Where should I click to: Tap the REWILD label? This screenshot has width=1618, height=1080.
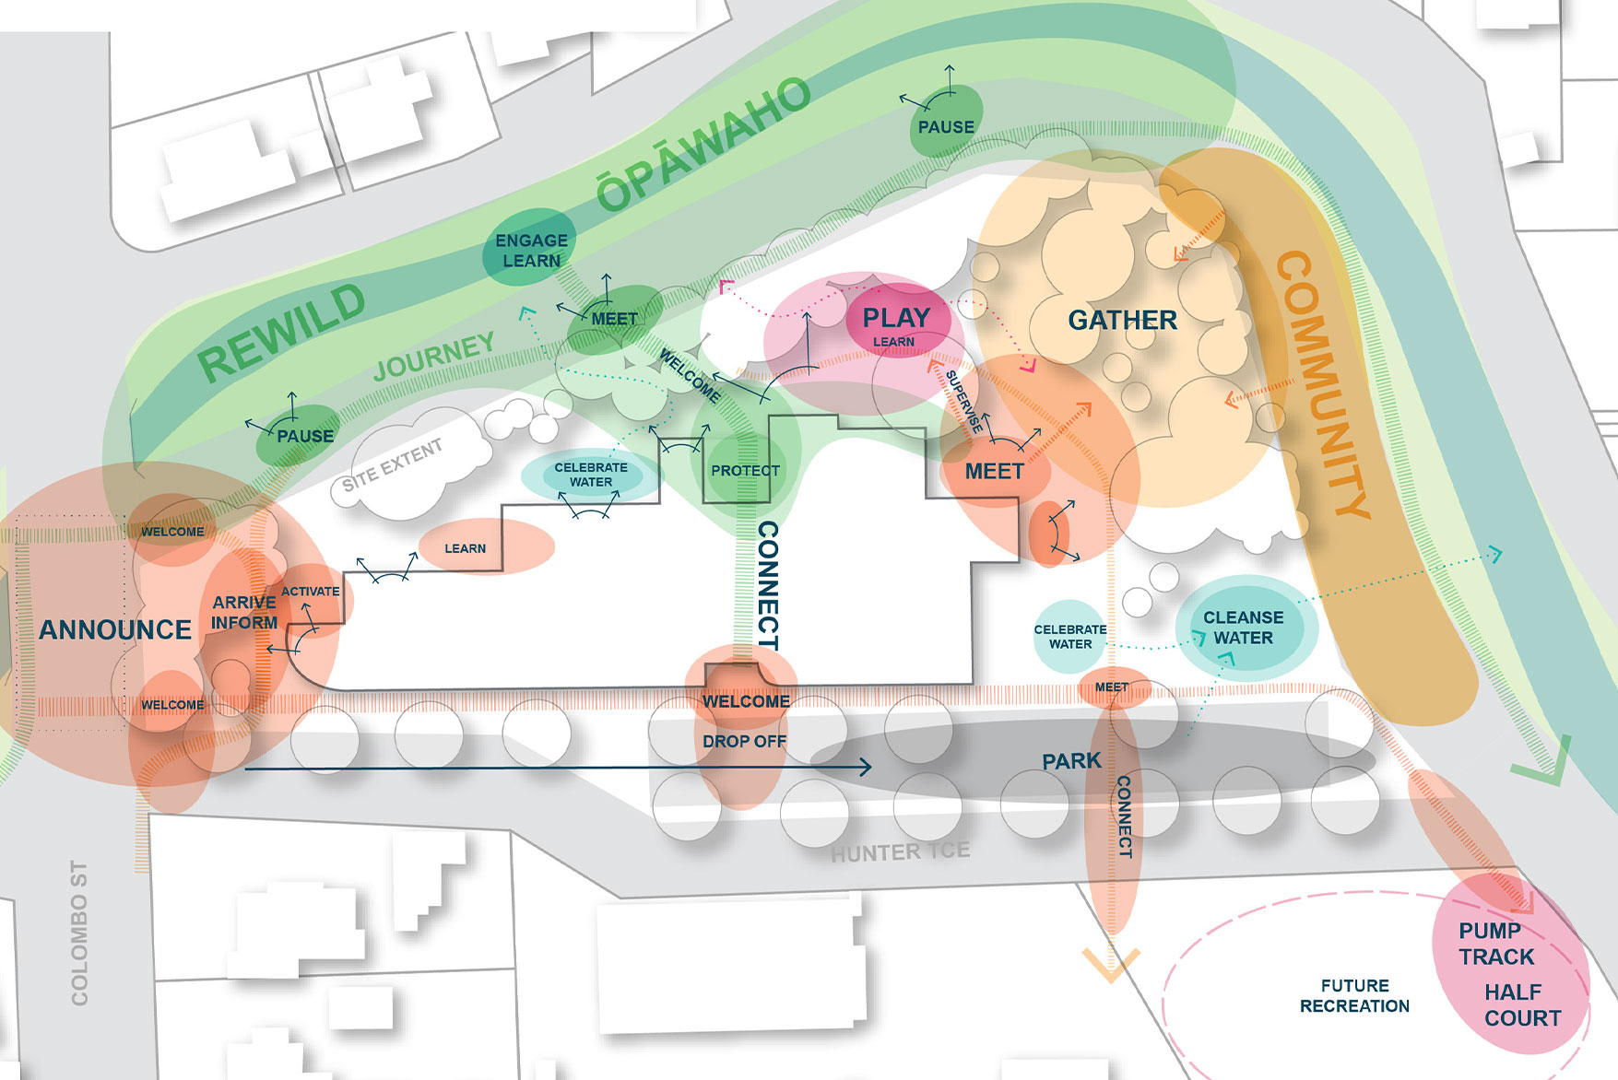pos(282,334)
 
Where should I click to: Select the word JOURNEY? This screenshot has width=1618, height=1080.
pos(434,357)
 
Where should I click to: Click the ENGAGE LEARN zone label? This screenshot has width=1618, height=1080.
pos(531,251)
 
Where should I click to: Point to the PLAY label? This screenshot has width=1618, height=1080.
pos(896,318)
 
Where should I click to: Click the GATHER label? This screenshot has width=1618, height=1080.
pos(1122,321)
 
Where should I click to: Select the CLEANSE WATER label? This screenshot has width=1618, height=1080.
pos(1243,628)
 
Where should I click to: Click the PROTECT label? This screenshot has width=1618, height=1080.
pos(745,471)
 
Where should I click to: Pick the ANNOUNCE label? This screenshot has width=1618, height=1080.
pos(115,630)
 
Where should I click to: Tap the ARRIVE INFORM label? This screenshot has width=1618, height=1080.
pos(244,613)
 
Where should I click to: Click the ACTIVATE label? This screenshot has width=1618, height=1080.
pos(311,592)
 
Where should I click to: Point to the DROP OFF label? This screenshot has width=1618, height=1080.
pos(744,742)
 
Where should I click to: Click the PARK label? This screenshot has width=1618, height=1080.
pos(1071,761)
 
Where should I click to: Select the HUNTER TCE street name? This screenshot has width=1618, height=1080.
pos(900,852)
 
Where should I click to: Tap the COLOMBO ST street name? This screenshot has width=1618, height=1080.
pos(80,933)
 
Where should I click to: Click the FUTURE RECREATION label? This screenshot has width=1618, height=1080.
pos(1354,996)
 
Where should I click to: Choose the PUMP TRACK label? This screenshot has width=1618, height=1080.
pos(1495,945)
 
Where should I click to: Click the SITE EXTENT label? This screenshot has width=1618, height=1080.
pos(393,465)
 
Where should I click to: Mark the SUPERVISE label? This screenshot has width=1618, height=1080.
pos(964,402)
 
